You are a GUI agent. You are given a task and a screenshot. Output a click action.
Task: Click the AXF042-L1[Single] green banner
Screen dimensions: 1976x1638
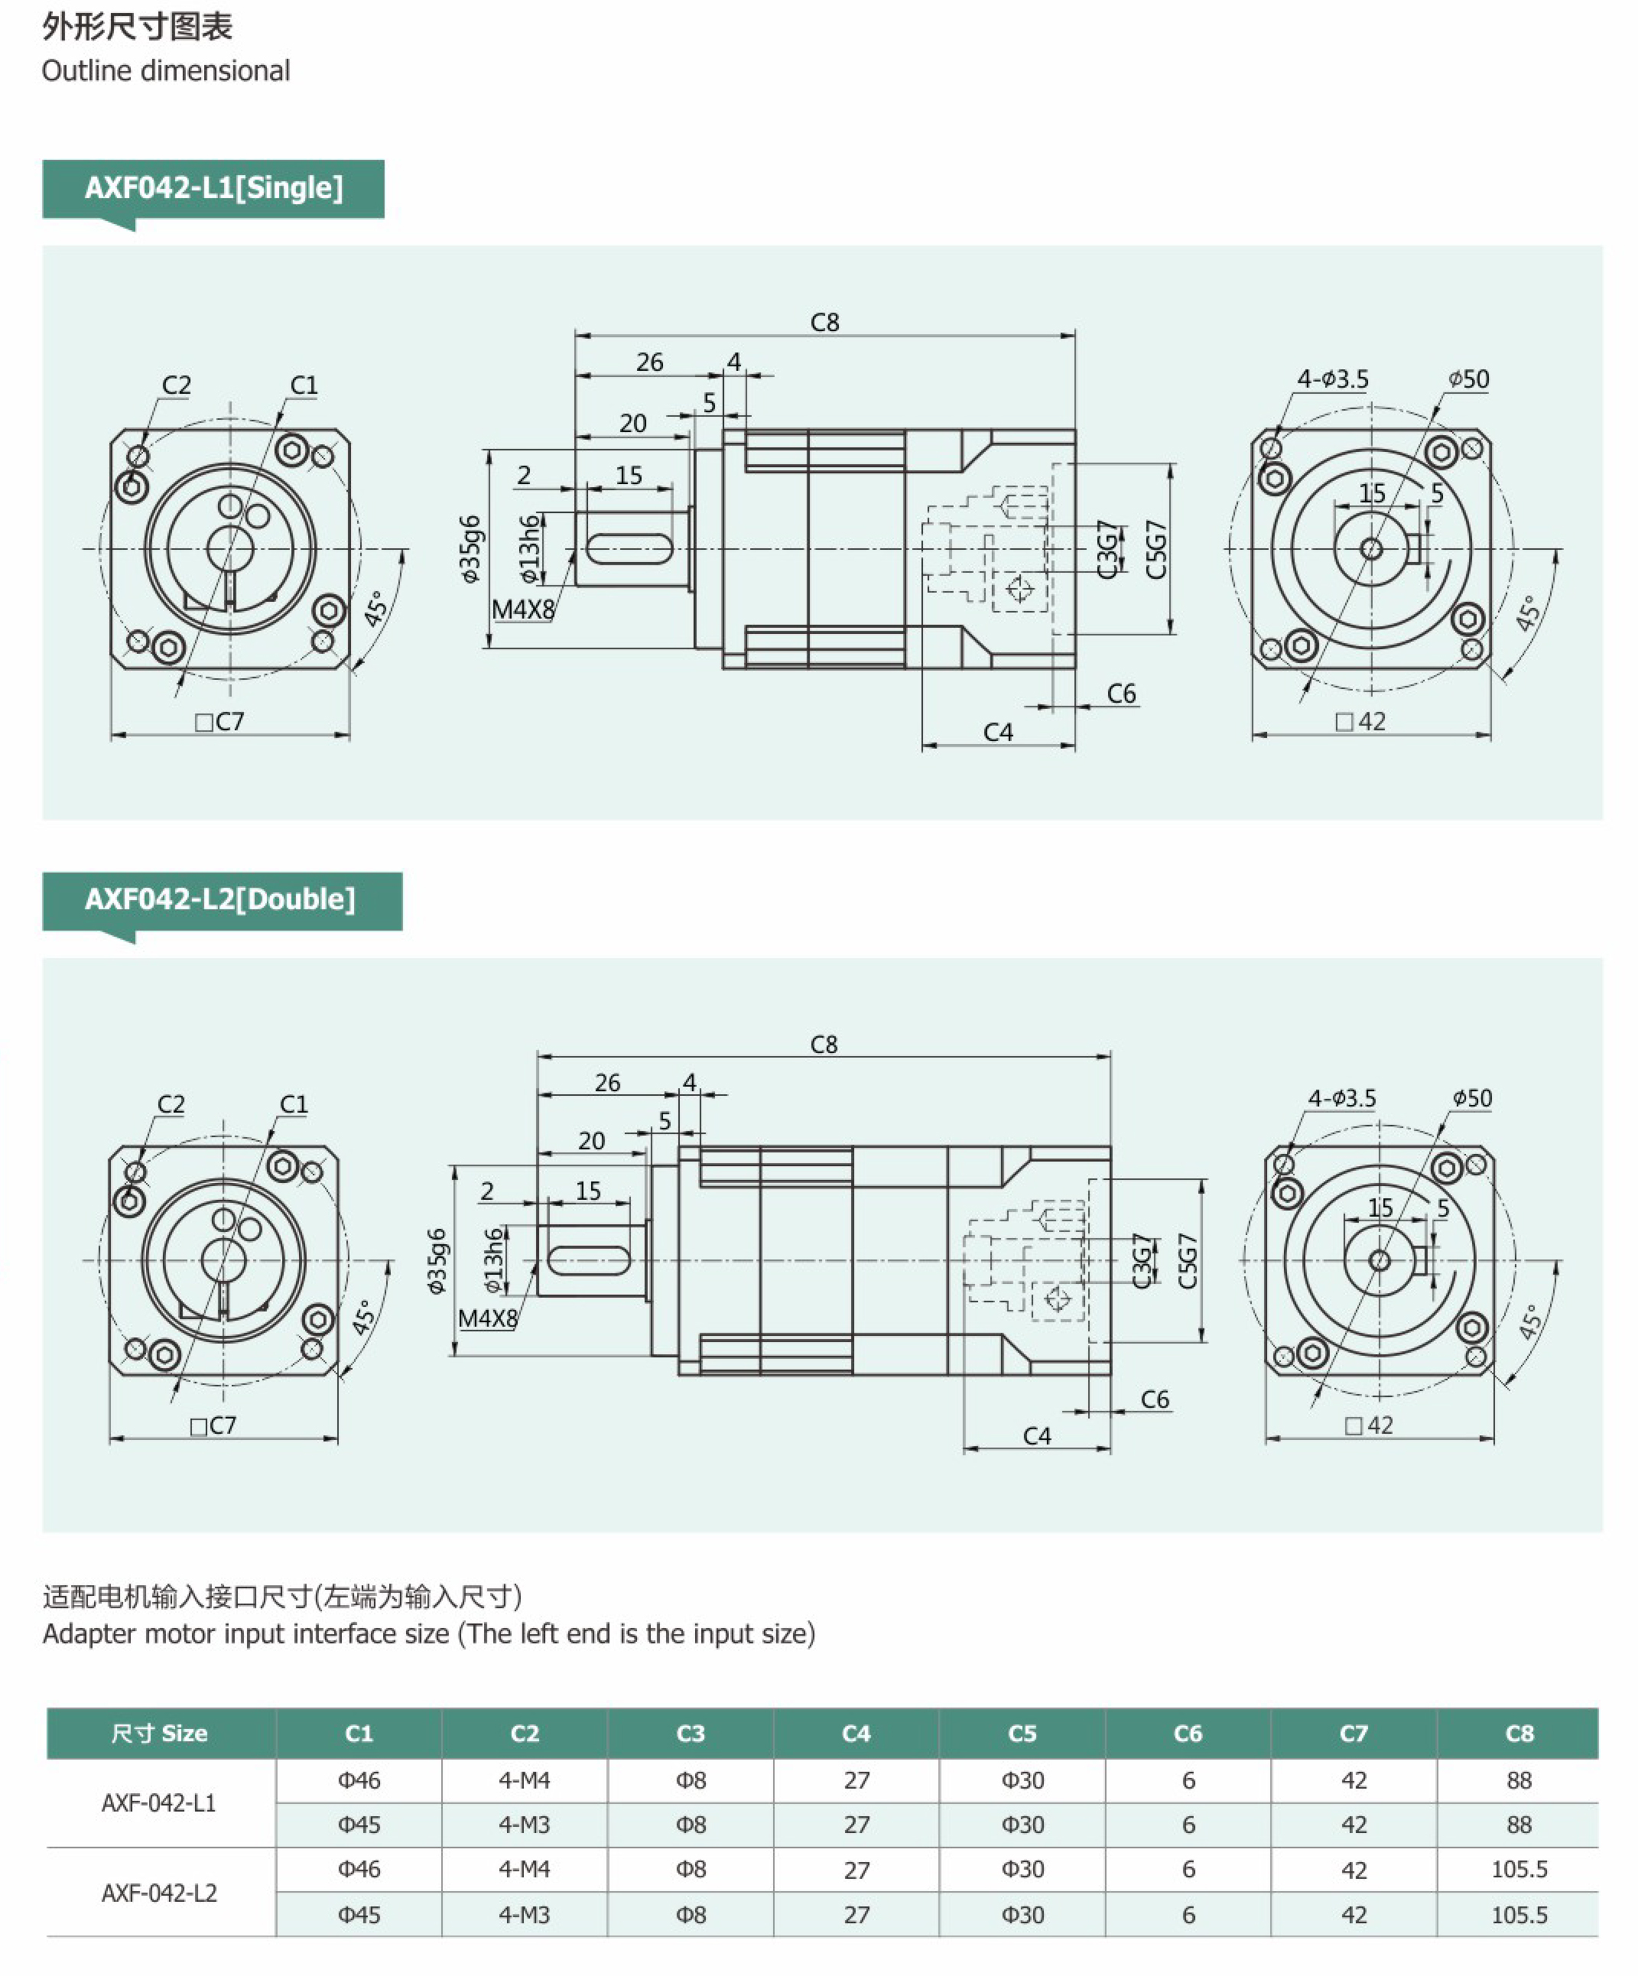coord(213,188)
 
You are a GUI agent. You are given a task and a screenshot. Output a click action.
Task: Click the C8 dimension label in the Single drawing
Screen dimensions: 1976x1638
coord(824,323)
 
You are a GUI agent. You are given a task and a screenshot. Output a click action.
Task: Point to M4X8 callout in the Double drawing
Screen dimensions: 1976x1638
coord(487,1318)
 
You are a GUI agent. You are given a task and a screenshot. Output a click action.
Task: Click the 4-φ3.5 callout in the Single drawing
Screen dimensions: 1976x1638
coord(1332,379)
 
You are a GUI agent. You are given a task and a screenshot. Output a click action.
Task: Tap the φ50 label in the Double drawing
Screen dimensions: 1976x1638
coord(1471,1098)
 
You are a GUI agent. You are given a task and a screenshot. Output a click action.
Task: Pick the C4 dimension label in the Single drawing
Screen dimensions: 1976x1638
coord(998,732)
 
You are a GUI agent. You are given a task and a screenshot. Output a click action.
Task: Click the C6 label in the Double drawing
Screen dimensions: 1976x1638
coord(1155,1399)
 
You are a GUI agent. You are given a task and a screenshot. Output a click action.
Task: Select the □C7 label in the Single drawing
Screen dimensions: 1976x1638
coord(219,722)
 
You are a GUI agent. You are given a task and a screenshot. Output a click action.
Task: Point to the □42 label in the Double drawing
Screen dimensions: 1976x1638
coord(1369,1425)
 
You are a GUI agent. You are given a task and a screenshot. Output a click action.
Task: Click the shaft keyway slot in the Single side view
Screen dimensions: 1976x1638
coord(629,548)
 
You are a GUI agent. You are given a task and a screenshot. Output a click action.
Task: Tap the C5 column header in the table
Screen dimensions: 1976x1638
coord(1022,1734)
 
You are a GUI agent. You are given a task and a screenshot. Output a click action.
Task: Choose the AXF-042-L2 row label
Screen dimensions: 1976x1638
coord(159,1893)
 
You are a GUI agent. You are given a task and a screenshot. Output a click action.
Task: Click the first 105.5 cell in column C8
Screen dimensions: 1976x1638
coord(1519,1870)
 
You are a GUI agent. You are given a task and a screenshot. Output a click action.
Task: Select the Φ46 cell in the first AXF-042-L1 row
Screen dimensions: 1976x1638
coord(359,1780)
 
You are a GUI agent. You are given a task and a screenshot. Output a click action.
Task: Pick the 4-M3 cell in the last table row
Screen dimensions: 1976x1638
coord(524,1915)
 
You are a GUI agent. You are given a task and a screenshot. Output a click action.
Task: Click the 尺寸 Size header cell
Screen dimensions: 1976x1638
coord(159,1734)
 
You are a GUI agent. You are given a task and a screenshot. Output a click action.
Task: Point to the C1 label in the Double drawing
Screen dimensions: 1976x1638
coord(294,1103)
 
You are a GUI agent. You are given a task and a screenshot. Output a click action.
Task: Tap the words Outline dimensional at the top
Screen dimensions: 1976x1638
coord(166,70)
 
